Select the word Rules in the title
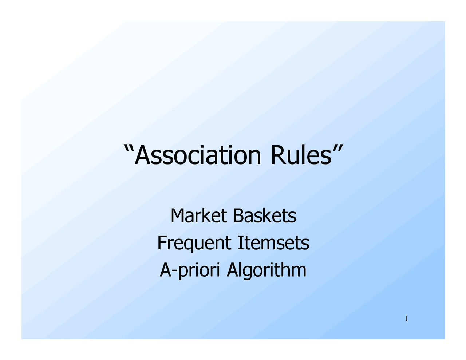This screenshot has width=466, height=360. tap(301, 155)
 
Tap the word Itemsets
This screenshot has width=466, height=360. tap(273, 243)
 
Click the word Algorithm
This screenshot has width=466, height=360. tap(266, 270)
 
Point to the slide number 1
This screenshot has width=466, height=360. tap(406, 319)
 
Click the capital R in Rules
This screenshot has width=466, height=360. tap(277, 155)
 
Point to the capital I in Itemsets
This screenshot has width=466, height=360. tap(240, 243)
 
